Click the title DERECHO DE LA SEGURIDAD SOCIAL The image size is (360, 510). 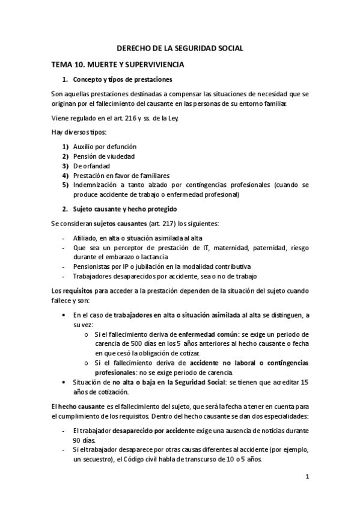point(180,49)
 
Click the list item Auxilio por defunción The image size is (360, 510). point(105,146)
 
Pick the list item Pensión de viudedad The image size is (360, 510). point(104,156)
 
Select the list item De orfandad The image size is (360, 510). point(91,165)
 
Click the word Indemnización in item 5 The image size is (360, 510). point(95,185)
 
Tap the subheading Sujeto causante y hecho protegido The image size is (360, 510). point(124,209)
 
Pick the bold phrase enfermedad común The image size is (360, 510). point(206,334)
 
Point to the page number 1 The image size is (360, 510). point(307,478)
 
